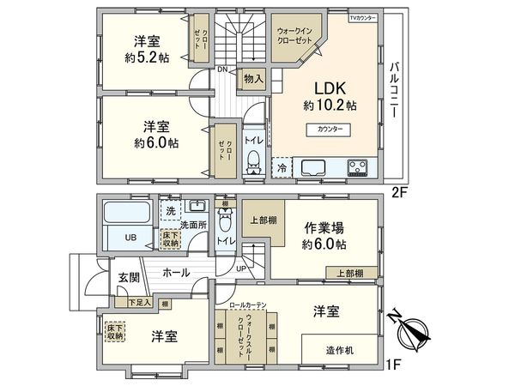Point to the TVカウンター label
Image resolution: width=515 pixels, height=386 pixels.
(362, 18)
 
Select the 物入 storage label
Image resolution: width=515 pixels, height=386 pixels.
(253, 78)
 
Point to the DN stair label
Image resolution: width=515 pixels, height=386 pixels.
(222, 69)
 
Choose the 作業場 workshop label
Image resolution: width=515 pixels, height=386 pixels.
(324, 227)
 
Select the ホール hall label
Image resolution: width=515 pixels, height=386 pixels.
(175, 273)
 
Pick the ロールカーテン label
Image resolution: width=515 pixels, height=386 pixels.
(247, 305)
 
